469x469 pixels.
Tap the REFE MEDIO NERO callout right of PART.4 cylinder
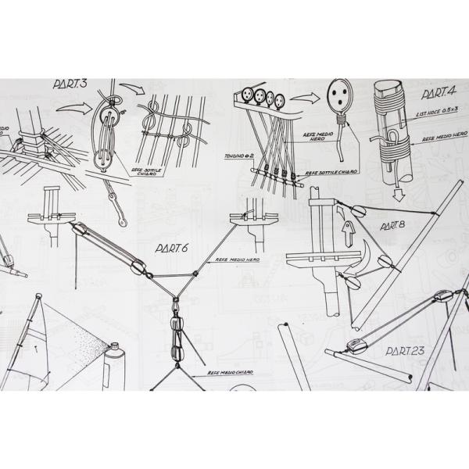tap(440, 139)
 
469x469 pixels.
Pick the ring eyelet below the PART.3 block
tap(112, 192)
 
